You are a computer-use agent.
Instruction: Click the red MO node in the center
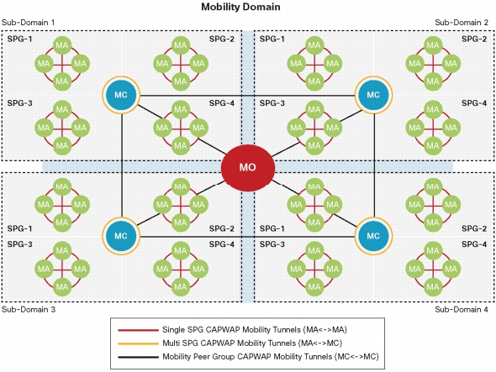(x=248, y=167)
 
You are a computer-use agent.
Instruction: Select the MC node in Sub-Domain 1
(x=121, y=95)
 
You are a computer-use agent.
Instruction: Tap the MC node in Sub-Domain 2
(x=373, y=95)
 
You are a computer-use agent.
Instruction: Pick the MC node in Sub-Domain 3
(x=121, y=236)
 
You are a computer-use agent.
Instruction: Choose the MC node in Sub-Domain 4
(x=373, y=236)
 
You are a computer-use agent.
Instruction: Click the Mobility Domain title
(x=240, y=7)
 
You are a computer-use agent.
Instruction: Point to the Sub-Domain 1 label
(x=28, y=23)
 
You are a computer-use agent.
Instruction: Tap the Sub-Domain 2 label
(x=462, y=23)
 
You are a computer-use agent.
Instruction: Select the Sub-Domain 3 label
(x=29, y=309)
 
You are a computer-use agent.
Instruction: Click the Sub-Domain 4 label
(x=462, y=309)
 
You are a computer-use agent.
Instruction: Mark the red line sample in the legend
(x=138, y=330)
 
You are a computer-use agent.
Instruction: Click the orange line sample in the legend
(x=138, y=343)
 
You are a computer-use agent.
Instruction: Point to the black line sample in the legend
(x=138, y=358)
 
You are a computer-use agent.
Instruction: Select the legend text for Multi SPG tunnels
(x=252, y=343)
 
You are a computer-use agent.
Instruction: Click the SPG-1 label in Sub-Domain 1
(x=19, y=39)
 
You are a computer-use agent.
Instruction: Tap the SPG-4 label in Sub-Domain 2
(x=474, y=103)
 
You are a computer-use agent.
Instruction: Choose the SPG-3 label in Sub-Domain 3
(x=19, y=244)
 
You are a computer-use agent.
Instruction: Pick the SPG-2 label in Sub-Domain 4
(x=474, y=228)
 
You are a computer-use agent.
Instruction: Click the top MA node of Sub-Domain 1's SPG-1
(x=62, y=45)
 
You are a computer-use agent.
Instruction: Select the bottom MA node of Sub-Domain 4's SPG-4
(x=433, y=287)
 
